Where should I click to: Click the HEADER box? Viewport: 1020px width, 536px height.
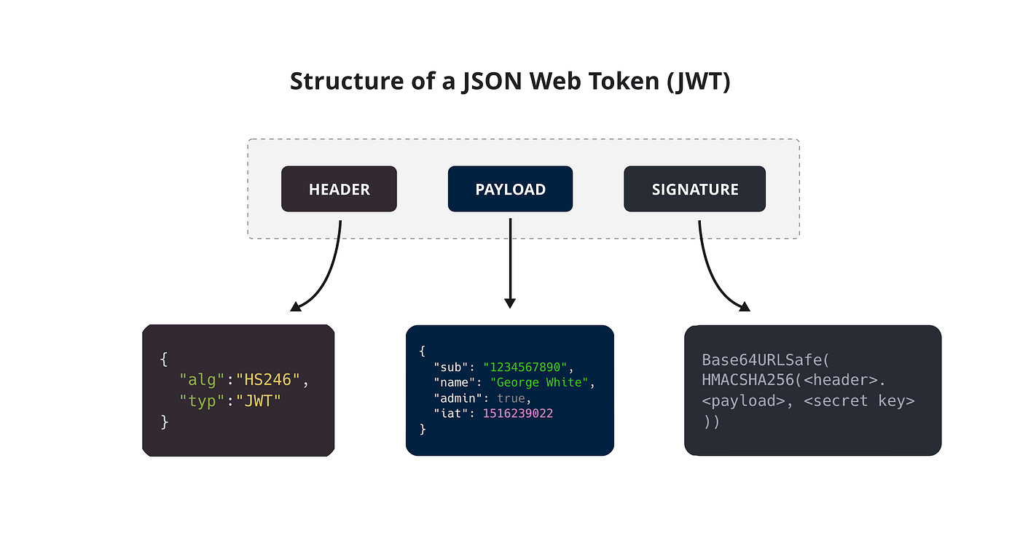[x=339, y=190]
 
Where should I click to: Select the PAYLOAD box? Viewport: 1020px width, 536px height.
[x=510, y=190]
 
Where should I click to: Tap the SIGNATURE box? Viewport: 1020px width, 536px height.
[x=694, y=190]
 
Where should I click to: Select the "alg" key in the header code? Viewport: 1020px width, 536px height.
[x=203, y=380]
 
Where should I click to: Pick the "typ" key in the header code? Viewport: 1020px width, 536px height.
[x=203, y=400]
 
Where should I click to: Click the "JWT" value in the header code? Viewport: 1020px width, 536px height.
[x=257, y=400]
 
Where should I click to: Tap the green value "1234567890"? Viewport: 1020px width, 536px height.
[x=525, y=367]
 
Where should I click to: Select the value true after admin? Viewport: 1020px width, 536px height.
[x=513, y=398]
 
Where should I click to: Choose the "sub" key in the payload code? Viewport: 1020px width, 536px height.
[x=450, y=367]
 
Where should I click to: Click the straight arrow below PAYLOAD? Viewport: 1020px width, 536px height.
[x=510, y=263]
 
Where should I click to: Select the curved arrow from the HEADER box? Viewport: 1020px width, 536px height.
[x=328, y=277]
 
